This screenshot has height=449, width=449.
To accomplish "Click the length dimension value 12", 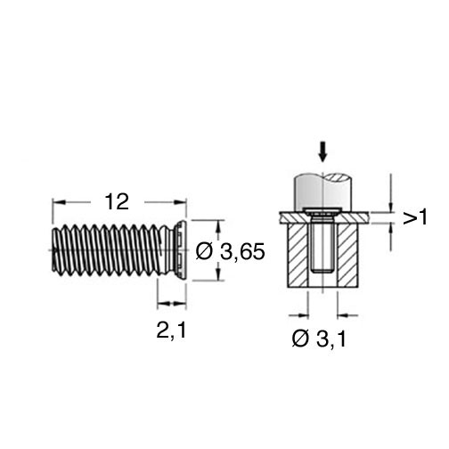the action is tap(117, 202).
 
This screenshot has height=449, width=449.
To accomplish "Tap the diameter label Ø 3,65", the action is tap(230, 252).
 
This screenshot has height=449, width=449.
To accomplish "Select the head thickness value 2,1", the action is tap(171, 331).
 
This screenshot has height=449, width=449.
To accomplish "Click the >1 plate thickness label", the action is tap(415, 217).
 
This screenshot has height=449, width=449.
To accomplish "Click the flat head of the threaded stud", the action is tap(181, 250).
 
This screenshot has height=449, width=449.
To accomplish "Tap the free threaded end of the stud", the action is tap(54, 249).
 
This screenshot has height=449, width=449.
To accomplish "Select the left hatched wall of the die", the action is tap(298, 256).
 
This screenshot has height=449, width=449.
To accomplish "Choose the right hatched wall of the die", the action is tap(347, 256).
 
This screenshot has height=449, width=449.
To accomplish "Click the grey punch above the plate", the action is tap(323, 192).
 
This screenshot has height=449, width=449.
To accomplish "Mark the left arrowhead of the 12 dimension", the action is tap(58, 202).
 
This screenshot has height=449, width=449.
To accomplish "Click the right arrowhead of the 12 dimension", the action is tap(180, 202).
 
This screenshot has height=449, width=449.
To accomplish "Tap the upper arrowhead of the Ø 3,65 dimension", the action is tap(219, 226).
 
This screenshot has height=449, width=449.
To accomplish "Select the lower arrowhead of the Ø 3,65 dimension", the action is tap(219, 273).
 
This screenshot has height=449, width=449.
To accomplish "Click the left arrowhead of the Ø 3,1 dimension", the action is tap(303, 315).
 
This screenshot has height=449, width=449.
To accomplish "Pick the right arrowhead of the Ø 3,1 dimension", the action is tap(342, 315).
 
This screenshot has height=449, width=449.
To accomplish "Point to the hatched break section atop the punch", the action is tap(339, 177).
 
